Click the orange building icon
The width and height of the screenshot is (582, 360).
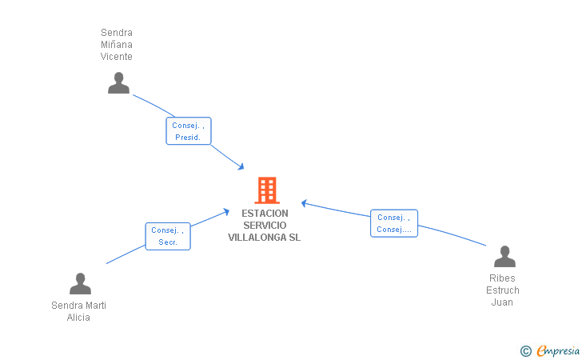[266, 190]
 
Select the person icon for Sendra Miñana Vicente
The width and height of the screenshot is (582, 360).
[118, 83]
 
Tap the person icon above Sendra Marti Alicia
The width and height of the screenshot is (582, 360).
[80, 284]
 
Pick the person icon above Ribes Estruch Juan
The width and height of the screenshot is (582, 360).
[504, 257]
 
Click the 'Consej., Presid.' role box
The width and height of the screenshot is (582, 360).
[189, 131]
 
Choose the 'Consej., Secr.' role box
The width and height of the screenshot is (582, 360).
[168, 236]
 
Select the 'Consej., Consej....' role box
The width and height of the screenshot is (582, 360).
[394, 223]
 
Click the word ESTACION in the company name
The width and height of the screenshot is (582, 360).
[265, 214]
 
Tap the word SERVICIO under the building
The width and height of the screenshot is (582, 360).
[265, 226]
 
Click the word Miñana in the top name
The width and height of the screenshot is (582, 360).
[117, 45]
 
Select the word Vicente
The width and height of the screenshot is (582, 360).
[117, 57]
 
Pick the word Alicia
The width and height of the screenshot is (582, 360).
[78, 318]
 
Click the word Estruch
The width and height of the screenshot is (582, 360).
[503, 290]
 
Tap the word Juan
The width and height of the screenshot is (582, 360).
[502, 302]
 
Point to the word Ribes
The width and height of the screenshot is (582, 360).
[503, 278]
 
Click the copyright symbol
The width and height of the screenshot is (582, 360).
[525, 350]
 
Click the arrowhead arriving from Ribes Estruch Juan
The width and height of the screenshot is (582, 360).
[305, 202]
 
